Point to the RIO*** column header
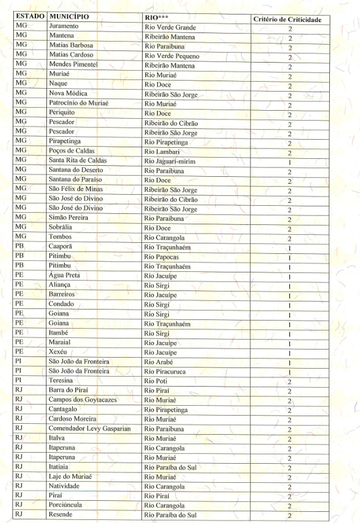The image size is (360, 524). (156, 17)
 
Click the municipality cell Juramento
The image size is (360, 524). (67, 27)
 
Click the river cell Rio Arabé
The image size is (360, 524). (159, 361)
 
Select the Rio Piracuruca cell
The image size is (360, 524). (166, 371)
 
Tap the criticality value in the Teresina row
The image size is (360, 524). (288, 382)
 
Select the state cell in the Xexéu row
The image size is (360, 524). (19, 352)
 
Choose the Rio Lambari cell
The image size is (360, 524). (163, 151)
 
